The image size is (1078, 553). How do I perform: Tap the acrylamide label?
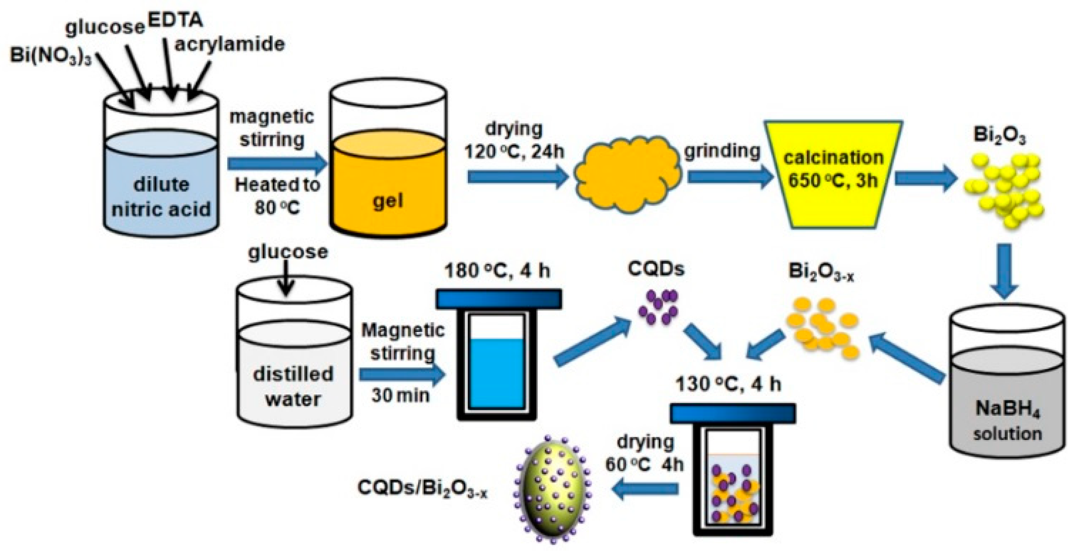[x=229, y=44]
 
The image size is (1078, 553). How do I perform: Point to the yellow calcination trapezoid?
[x=833, y=173]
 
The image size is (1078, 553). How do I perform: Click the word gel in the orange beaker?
[x=388, y=201]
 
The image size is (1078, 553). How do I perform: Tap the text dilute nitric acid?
[x=161, y=197]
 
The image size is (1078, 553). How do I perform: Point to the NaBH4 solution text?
[x=1007, y=420]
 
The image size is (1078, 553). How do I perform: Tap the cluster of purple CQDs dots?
[x=657, y=308]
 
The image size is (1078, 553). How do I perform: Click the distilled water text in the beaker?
[x=293, y=386]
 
